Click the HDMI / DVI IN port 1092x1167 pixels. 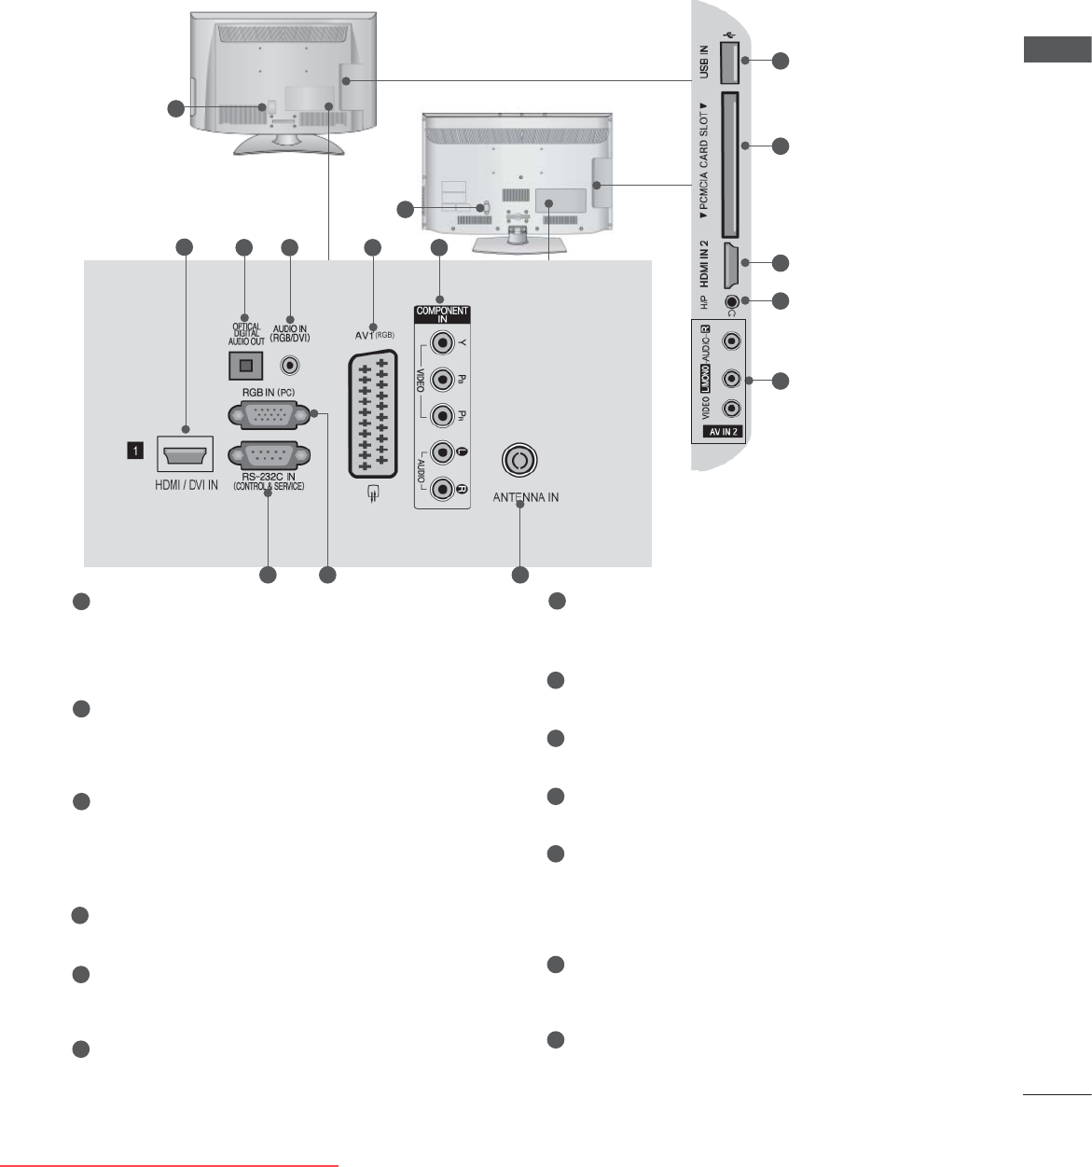tap(186, 457)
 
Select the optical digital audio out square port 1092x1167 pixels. tap(245, 365)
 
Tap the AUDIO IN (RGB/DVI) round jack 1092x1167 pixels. tap(290, 365)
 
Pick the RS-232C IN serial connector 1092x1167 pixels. tap(269, 456)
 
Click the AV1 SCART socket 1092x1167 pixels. tap(373, 414)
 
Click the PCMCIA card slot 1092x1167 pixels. tap(730, 165)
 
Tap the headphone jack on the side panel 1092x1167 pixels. tap(733, 301)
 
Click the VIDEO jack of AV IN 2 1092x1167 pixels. tap(733, 409)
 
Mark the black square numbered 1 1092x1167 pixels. tap(136, 451)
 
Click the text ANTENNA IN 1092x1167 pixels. tap(526, 497)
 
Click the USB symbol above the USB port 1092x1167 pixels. tap(729, 49)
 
